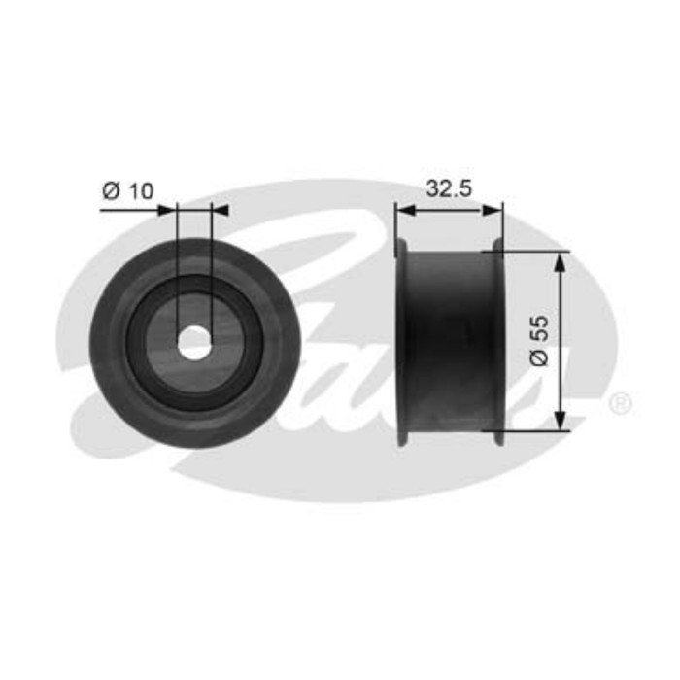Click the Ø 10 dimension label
pos(128,191)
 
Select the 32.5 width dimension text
pos(449,189)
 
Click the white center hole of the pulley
pos(195,342)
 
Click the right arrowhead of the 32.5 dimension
pos(496,208)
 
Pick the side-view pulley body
pos(450,340)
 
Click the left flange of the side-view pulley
pos(401,340)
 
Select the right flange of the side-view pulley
pos(499,340)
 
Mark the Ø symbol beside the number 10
pos(110,191)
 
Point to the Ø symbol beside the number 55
pos(542,357)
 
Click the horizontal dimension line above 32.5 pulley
pos(450,208)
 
